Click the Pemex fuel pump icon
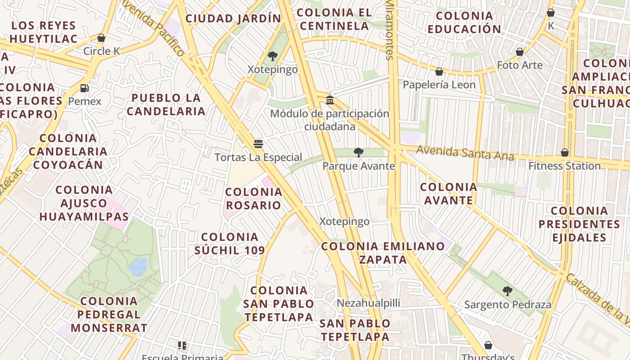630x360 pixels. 84,88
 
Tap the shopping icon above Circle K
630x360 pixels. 101,38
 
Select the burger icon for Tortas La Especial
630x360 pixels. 258,144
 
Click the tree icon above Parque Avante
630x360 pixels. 358,153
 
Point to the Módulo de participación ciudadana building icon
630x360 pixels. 330,100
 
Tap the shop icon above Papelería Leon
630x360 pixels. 439,72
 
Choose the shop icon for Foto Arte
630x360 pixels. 520,52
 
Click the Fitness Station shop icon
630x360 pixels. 565,153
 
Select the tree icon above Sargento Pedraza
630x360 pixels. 507,291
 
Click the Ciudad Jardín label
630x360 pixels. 233,18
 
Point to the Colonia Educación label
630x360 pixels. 464,22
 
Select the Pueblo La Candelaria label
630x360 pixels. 166,104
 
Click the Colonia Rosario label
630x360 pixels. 253,198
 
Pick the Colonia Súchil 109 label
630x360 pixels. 229,243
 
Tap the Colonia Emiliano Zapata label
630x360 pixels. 383,252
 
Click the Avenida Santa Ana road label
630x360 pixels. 465,153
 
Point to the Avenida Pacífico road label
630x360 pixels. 153,28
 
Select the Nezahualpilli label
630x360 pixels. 368,303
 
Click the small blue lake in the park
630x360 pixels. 138,266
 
